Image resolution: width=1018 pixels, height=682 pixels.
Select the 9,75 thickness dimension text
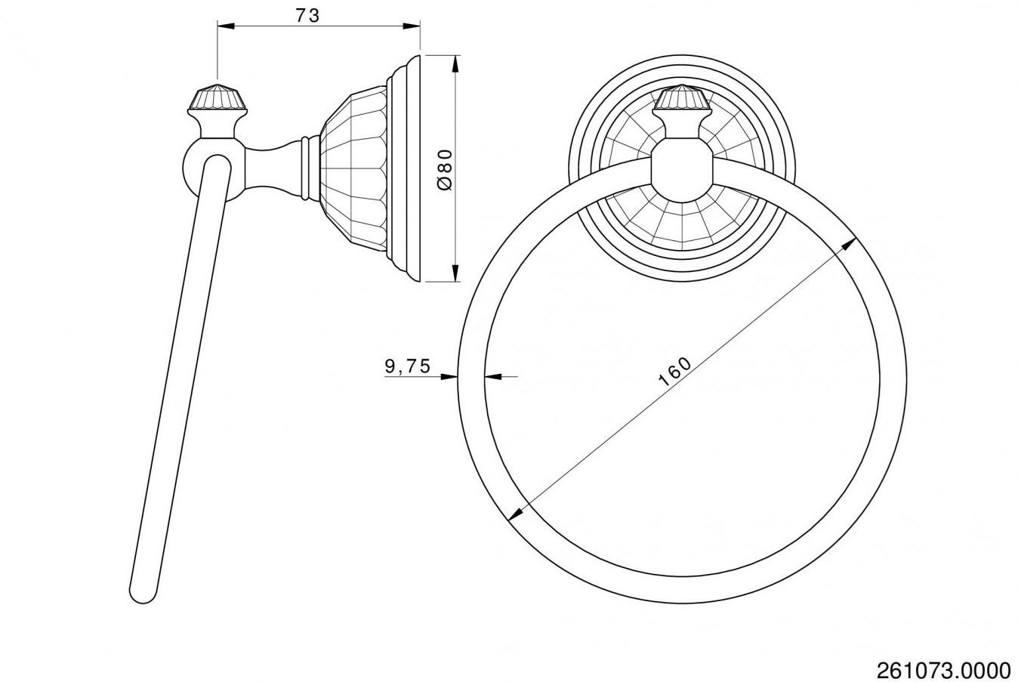pos(407,366)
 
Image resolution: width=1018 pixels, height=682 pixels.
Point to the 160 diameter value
pos(674,371)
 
